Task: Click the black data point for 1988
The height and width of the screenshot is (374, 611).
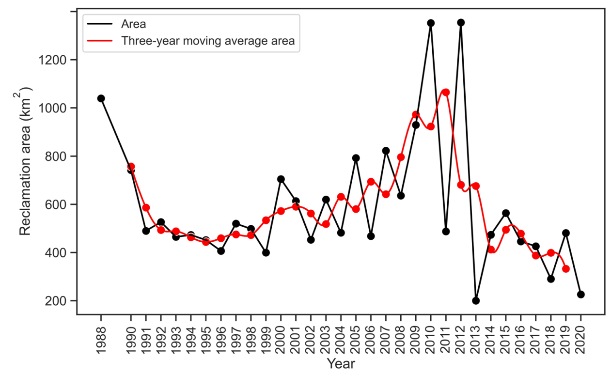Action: click(101, 98)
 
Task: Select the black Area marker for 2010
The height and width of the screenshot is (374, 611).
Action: click(431, 23)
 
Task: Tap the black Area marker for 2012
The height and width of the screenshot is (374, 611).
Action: click(461, 22)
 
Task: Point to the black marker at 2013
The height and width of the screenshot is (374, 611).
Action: click(476, 300)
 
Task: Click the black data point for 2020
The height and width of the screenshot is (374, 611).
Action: click(581, 294)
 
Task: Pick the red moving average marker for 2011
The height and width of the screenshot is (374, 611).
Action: click(446, 92)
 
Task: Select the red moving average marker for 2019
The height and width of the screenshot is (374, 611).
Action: click(566, 268)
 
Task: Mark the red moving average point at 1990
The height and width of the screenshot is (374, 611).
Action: click(131, 167)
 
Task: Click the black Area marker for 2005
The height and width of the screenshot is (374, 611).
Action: click(356, 158)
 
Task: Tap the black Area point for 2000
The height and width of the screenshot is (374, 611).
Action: click(281, 179)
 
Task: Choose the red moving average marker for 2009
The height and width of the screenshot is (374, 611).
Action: click(416, 115)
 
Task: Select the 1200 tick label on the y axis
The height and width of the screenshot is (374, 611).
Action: click(52, 60)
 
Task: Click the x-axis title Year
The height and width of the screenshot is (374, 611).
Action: click(340, 363)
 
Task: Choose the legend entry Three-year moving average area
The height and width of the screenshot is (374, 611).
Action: click(208, 41)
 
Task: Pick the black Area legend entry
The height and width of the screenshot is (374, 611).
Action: click(133, 23)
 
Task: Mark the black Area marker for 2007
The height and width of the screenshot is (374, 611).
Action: click(386, 151)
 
